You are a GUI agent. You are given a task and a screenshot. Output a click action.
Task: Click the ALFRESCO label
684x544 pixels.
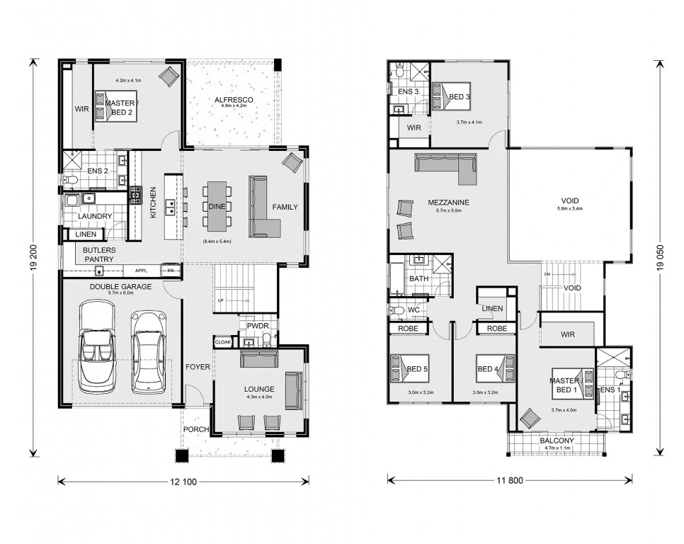pos(234,99)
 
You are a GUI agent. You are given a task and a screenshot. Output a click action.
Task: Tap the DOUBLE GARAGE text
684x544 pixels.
pos(121,287)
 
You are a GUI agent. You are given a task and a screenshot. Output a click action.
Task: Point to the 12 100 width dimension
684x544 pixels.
pos(183,482)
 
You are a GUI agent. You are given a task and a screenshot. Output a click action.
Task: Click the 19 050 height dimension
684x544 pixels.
pos(661,258)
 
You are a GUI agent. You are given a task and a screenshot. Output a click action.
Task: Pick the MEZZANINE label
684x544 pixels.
pos(448,203)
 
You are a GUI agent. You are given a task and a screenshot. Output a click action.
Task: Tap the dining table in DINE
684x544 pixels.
pos(217,206)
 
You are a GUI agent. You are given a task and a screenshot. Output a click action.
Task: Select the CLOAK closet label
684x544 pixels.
pos(223,342)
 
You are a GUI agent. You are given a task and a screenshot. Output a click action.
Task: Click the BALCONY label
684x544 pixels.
pos(557,441)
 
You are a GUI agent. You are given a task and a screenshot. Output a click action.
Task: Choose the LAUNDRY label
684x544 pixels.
pos(95,216)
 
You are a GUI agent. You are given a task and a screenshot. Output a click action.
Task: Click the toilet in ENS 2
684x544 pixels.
pos(71,179)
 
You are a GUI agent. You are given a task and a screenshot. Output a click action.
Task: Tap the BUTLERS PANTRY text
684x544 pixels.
pos(99,255)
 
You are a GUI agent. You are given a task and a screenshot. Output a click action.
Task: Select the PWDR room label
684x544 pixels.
pos(258,326)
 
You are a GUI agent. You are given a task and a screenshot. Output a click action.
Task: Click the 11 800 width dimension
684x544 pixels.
pos(510,481)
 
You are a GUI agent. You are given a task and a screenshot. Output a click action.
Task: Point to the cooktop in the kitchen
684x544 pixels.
pos(136,195)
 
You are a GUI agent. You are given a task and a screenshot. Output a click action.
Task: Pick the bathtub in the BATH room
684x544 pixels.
pos(397,278)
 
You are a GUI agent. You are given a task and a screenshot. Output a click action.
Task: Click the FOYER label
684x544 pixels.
pos(198,367)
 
